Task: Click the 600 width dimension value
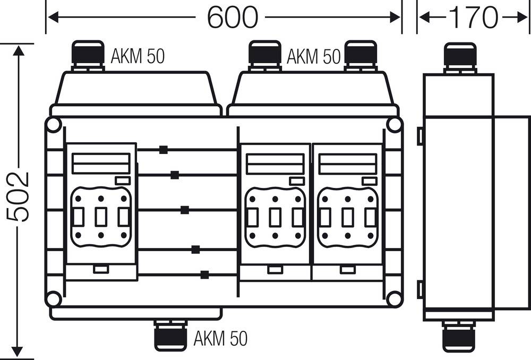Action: coord(232,18)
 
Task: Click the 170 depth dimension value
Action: coord(474,18)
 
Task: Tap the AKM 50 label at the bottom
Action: coord(220,338)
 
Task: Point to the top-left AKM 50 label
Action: coord(138,57)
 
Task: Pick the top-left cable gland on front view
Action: coord(88,55)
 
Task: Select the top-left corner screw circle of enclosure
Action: coord(53,126)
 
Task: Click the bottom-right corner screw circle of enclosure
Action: coord(393,298)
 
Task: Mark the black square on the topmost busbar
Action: coord(163,150)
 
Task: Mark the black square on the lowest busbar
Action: coord(205,275)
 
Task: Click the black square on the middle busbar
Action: coord(184,210)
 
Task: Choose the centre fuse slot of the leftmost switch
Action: coord(100,217)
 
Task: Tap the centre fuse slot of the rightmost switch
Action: coord(347,217)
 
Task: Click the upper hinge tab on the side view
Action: coord(420,135)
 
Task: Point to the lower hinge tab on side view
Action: coord(420,289)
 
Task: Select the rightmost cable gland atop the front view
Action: coord(361,55)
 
